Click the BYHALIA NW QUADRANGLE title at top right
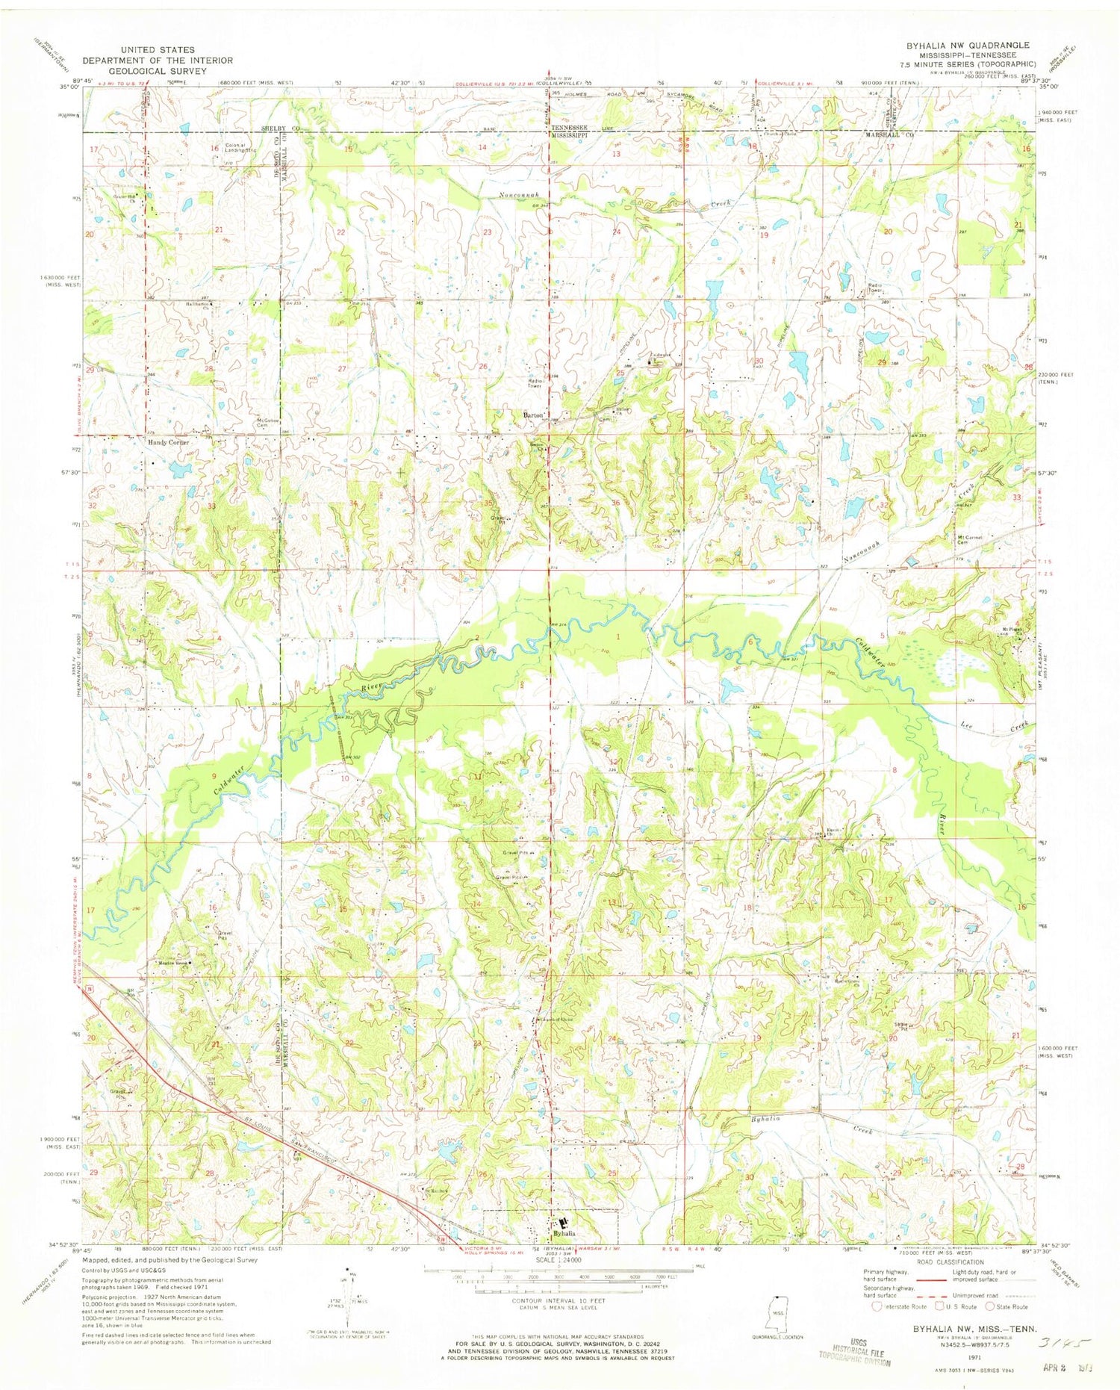[x=968, y=46]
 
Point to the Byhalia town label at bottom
[x=564, y=1235]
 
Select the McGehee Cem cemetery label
[x=267, y=421]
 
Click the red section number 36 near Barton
[x=616, y=503]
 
